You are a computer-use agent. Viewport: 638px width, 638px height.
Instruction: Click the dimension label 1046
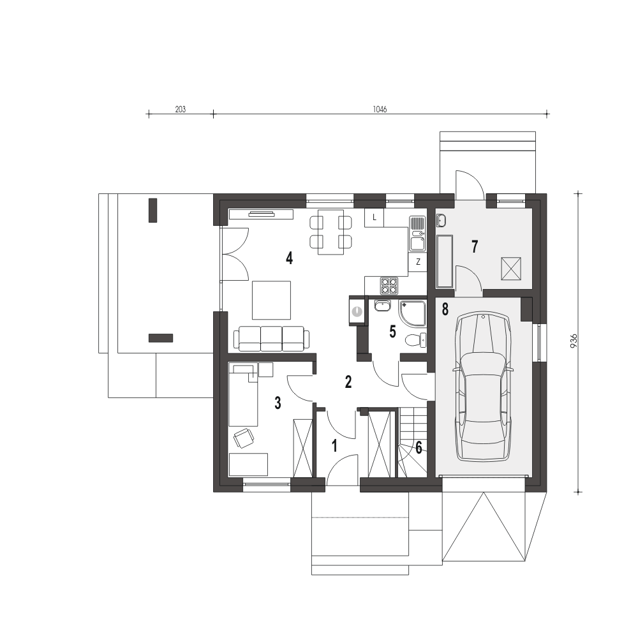[x=380, y=110]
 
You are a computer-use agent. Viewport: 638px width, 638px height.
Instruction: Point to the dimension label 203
[x=181, y=110]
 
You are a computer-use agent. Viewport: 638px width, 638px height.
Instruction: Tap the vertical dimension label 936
[x=574, y=341]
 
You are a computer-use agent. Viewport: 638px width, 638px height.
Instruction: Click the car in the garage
[x=483, y=387]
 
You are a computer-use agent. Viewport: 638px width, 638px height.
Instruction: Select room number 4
[x=289, y=258]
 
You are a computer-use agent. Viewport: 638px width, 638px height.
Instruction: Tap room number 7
[x=475, y=246]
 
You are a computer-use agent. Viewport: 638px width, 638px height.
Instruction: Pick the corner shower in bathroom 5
[x=413, y=313]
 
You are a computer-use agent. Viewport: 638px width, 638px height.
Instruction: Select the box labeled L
[x=375, y=218]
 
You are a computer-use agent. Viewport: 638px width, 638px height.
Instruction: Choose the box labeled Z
[x=418, y=262]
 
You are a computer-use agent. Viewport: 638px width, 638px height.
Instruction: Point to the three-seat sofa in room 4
[x=271, y=339]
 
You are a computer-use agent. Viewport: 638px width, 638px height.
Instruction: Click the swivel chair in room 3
[x=244, y=438]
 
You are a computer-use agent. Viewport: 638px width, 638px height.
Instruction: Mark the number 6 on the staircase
[x=419, y=448]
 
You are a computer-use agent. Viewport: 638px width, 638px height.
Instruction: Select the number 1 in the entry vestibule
[x=334, y=446]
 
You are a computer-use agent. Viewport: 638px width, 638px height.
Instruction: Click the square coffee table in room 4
[x=271, y=300]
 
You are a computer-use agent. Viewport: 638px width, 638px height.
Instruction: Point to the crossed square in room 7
[x=511, y=269]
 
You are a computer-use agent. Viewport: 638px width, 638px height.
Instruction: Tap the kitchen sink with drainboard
[x=417, y=234]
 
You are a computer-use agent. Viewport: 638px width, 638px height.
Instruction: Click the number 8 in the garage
[x=445, y=309]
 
